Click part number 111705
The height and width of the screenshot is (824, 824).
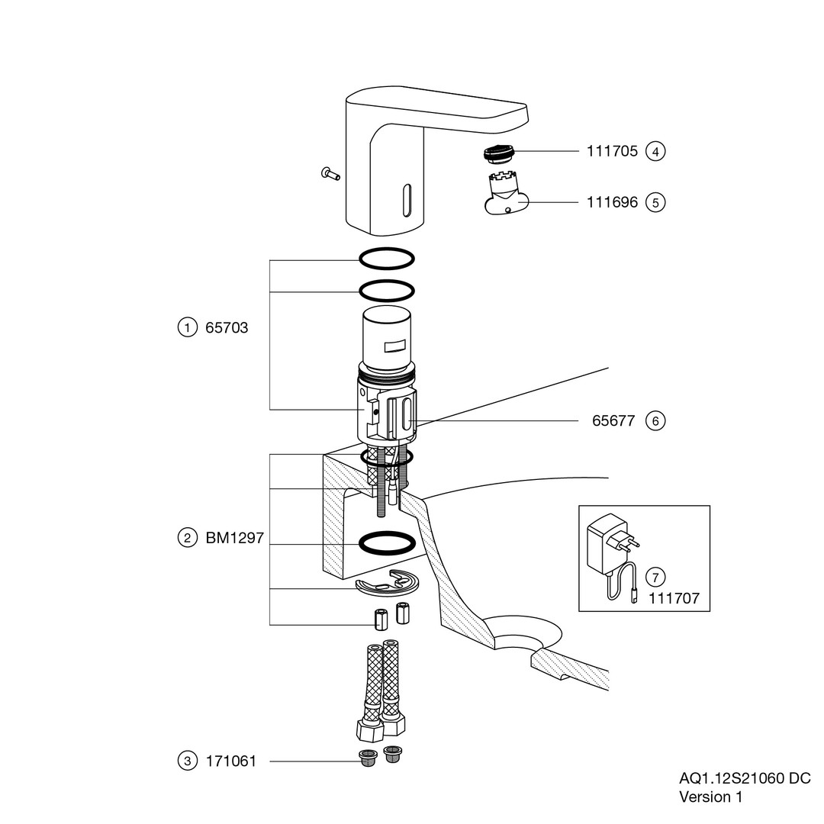click(x=612, y=151)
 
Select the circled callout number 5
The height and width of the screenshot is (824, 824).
click(x=655, y=202)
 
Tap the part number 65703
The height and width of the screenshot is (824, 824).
click(x=227, y=328)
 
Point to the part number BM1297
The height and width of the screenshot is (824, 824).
click(x=234, y=538)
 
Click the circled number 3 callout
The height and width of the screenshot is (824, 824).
click(x=187, y=761)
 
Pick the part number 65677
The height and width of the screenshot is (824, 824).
click(x=613, y=420)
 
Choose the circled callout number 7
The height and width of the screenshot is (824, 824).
click(x=655, y=576)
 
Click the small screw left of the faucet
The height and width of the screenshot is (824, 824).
click(x=330, y=174)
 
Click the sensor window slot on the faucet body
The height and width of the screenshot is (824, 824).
click(x=407, y=200)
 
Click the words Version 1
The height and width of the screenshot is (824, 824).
click(x=710, y=797)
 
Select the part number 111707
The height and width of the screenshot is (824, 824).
click(x=674, y=599)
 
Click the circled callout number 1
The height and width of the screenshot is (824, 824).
click(x=187, y=328)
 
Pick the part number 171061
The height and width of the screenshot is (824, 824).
click(x=231, y=761)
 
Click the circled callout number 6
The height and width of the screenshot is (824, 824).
click(x=655, y=420)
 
